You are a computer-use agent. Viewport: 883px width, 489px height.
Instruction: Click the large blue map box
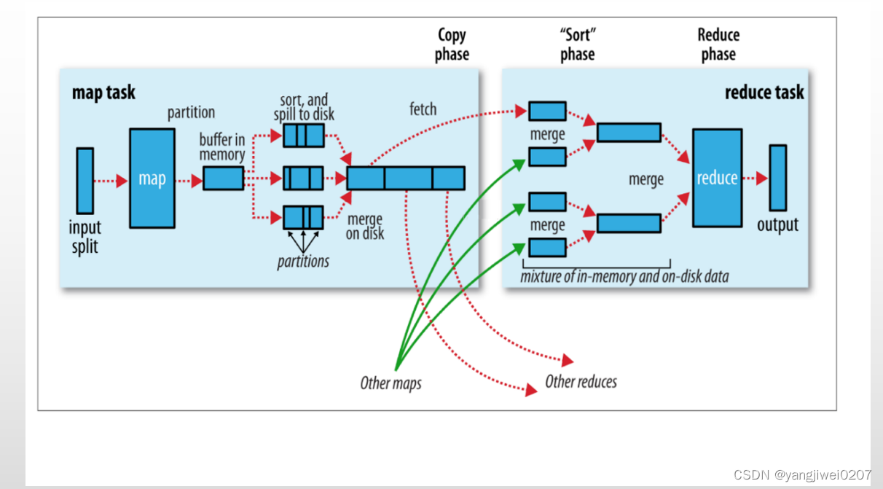(x=152, y=179)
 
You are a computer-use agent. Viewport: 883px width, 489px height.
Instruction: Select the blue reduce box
(x=717, y=179)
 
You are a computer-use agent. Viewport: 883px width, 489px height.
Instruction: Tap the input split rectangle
(x=85, y=181)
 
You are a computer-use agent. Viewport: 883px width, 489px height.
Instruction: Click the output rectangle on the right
(x=778, y=178)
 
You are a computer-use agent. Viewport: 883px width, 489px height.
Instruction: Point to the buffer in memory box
(x=223, y=179)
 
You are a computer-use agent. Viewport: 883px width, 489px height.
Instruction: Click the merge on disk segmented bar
(x=405, y=179)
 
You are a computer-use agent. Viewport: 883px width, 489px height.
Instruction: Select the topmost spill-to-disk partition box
(x=303, y=136)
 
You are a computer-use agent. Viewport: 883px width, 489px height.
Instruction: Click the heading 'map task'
(x=103, y=93)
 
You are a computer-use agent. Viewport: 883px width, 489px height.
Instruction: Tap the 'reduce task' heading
(x=764, y=93)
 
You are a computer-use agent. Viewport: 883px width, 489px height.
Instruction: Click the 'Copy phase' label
(x=452, y=44)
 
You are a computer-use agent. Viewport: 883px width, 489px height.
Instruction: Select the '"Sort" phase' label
(x=577, y=44)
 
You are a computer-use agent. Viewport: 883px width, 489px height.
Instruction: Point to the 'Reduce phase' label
(x=718, y=44)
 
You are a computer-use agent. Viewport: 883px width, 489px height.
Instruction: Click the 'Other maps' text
(x=391, y=383)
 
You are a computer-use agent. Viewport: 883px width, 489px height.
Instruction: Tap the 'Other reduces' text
(x=581, y=382)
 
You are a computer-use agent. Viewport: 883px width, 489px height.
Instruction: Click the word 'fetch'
(x=423, y=109)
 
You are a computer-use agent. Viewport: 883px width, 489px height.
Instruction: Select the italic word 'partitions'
(x=303, y=261)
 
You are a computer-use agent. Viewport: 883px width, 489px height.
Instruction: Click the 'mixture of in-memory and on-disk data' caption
(x=624, y=277)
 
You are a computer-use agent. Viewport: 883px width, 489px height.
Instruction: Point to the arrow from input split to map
(x=111, y=180)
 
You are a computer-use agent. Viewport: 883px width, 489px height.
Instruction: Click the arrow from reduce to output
(x=756, y=179)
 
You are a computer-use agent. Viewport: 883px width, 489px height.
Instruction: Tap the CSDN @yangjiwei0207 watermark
(x=802, y=475)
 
